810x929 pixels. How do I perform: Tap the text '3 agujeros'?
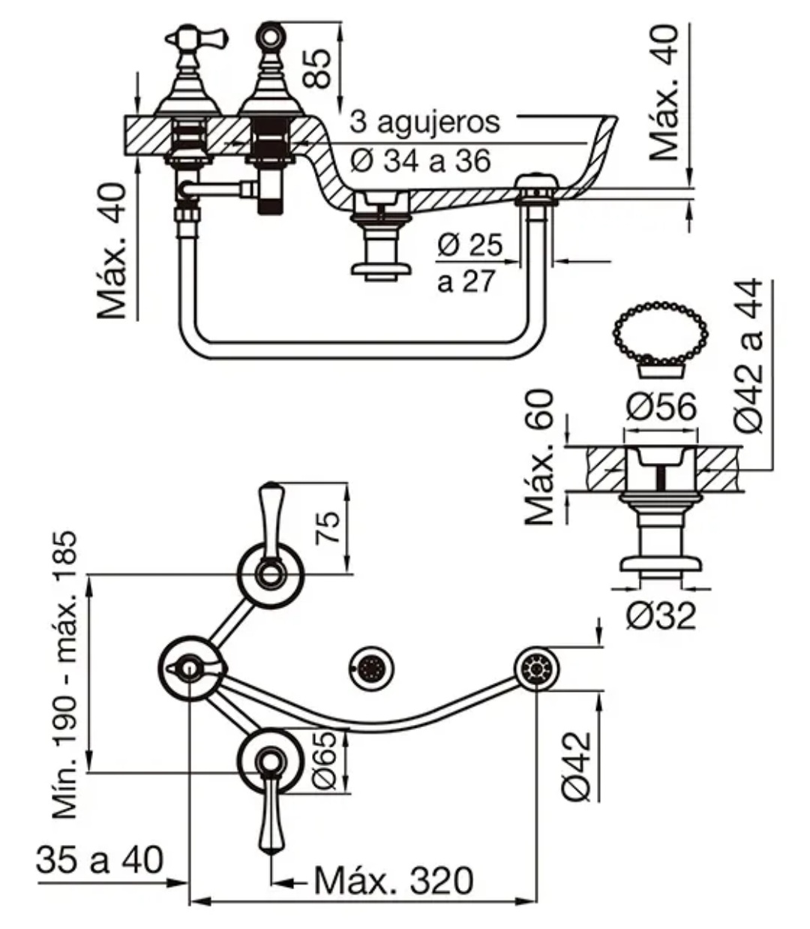click(x=424, y=121)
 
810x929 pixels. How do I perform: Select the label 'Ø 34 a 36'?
click(x=421, y=160)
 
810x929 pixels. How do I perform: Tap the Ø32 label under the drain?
click(x=661, y=617)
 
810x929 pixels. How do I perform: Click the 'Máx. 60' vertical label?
click(x=540, y=457)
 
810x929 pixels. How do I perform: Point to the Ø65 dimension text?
click(x=325, y=759)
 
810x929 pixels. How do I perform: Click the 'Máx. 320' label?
click(x=394, y=880)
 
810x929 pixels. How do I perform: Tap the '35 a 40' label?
click(x=99, y=860)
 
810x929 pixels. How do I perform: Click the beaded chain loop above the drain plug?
click(x=661, y=330)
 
